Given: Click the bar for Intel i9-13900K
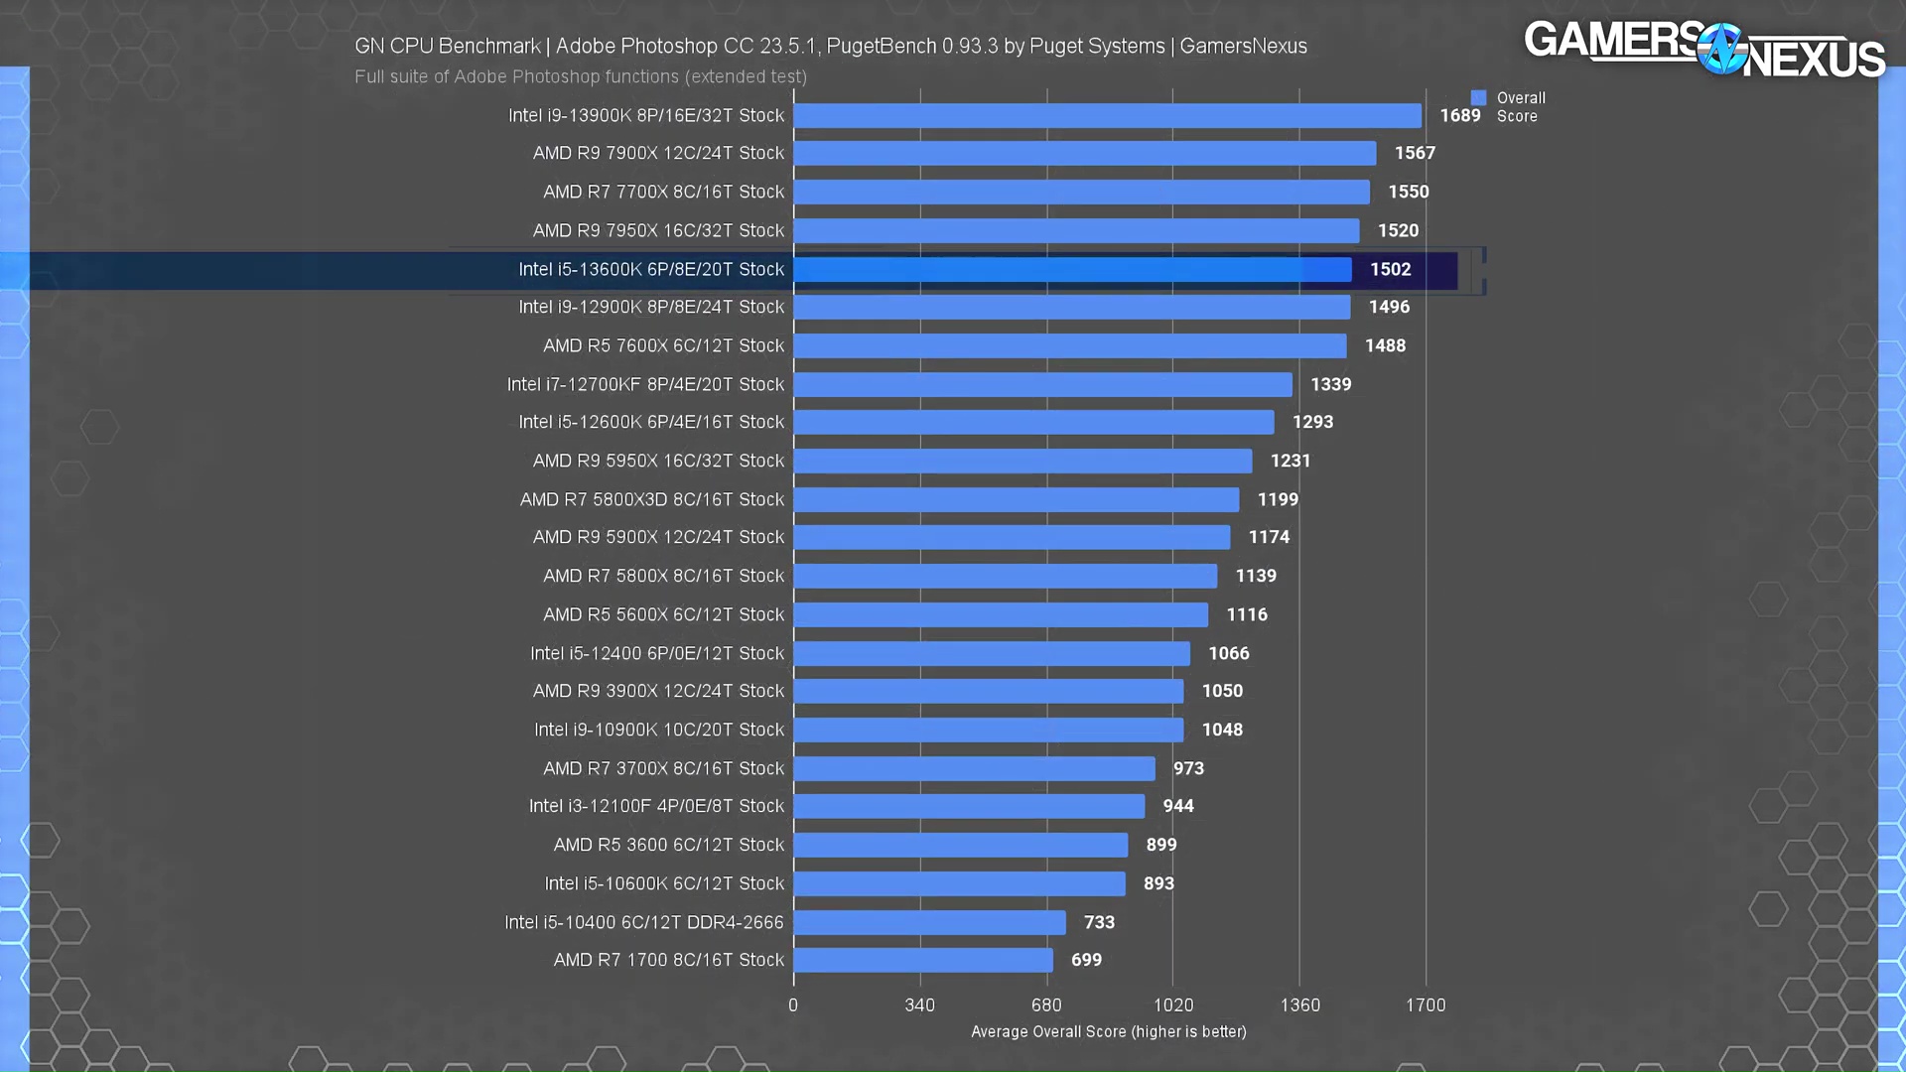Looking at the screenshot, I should pos(1107,116).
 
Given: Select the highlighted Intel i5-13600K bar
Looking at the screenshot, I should pos(1072,270).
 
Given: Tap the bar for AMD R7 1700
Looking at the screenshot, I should pos(923,960).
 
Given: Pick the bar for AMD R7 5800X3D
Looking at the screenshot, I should pos(1016,499).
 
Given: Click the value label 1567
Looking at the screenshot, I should pos(1415,153).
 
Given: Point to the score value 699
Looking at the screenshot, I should pos(1086,960).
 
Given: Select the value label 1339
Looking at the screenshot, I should pos(1330,384).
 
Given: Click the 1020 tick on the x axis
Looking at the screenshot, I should pos(1172,1005).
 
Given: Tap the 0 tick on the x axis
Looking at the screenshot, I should pos(793,1005).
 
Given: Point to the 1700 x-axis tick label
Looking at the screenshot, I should pos(1426,1005).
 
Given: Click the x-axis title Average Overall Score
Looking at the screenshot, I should pos(1108,1032).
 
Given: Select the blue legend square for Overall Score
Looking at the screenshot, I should pos(1478,97).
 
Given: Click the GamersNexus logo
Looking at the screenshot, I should pos(1703,50).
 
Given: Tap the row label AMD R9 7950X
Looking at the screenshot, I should pos(658,230).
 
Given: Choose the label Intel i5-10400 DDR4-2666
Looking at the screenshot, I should pos(643,922).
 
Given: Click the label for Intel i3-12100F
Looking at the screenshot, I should pos(656,806).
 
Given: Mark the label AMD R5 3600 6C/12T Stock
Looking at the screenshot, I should pos(668,845).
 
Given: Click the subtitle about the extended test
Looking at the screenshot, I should pos(581,76).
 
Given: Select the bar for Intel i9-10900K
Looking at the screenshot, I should pos(988,730).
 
